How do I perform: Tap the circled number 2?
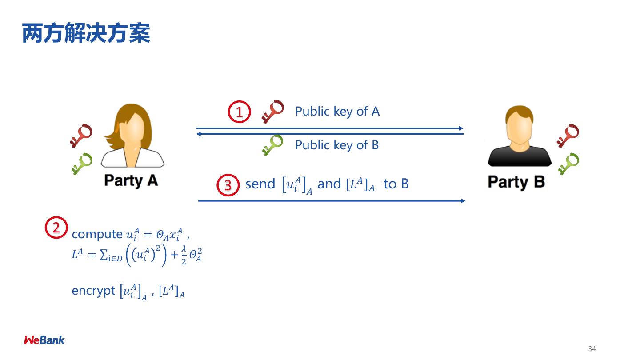tap(56, 228)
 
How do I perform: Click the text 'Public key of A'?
tap(337, 111)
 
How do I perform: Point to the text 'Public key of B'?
tap(337, 145)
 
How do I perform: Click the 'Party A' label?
tap(131, 180)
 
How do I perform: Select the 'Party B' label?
tap(516, 182)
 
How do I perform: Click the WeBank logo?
tap(44, 340)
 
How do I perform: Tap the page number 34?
tap(592, 348)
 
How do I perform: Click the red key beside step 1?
tap(272, 111)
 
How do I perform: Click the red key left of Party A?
tap(80, 135)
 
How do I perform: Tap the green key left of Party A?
tap(81, 163)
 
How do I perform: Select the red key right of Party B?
tap(568, 135)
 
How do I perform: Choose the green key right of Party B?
tap(568, 163)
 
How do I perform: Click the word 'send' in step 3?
tap(260, 184)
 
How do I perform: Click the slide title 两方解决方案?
tap(86, 34)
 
